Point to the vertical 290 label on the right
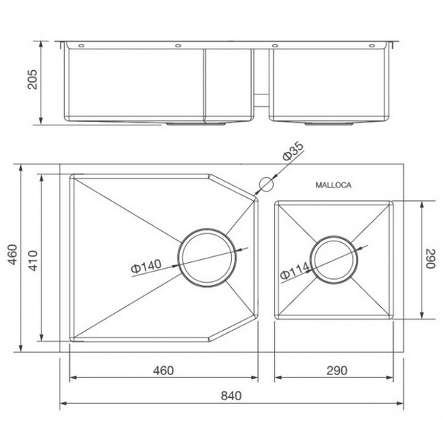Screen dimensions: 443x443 431,260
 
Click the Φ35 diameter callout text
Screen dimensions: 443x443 292,152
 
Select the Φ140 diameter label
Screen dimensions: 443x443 146,267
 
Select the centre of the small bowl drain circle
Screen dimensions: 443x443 334,258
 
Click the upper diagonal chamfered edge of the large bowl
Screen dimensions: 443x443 233,186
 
